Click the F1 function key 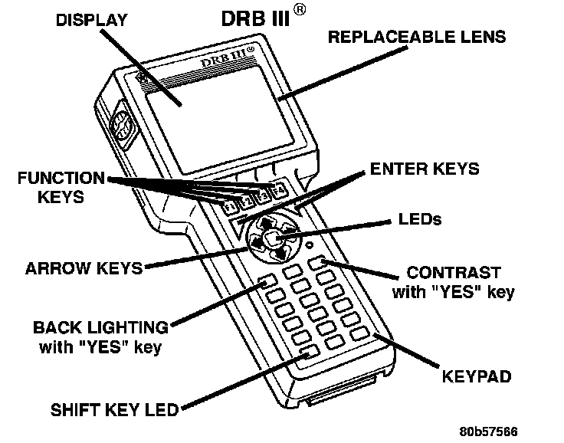230,206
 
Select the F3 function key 263,195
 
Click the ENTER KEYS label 424,168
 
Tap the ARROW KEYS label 84,269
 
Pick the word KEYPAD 475,377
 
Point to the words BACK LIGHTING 100,328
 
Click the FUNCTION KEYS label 61,187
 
